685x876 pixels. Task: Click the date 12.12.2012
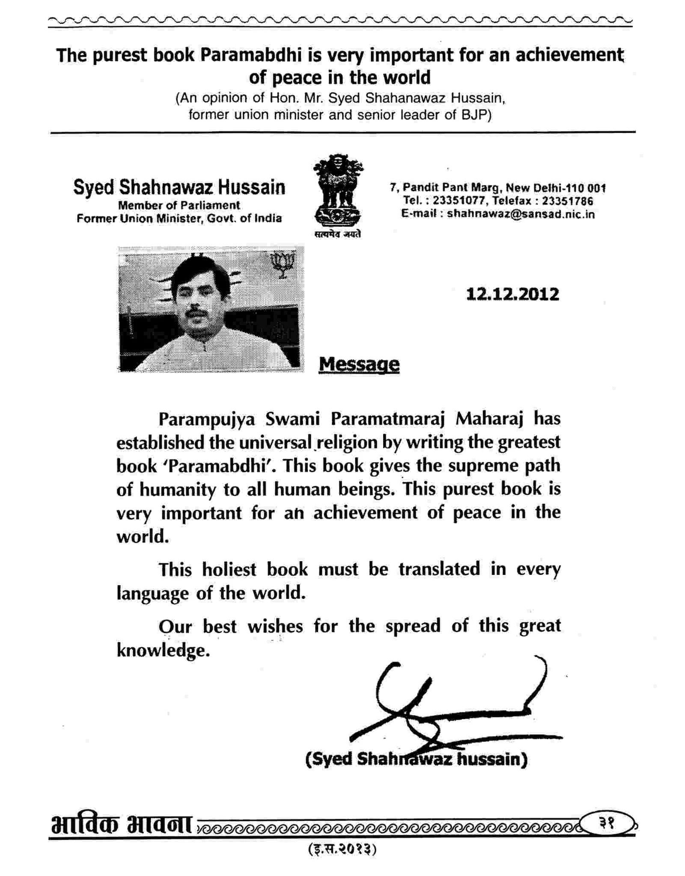tap(512, 294)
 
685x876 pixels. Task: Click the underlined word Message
tap(359, 365)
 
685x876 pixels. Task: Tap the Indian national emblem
tap(338, 191)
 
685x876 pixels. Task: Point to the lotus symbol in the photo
tap(281, 264)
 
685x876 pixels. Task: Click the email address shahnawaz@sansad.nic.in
tap(521, 214)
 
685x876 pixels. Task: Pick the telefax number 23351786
tap(567, 200)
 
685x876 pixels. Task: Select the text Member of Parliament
tap(179, 205)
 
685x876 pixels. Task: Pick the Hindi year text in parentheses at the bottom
tap(342, 849)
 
